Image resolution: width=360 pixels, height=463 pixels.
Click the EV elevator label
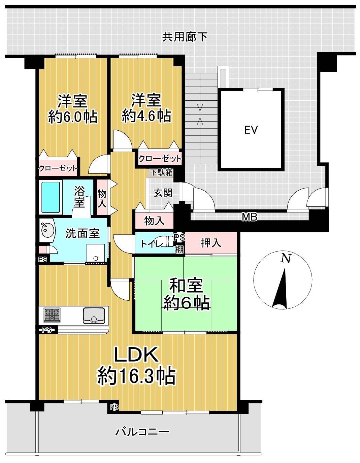tap(251, 130)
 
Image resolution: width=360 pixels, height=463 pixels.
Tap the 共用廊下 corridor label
tap(185, 37)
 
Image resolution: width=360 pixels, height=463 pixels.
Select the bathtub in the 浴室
tap(51, 197)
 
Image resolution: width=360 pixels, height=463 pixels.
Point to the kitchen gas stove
tap(52, 315)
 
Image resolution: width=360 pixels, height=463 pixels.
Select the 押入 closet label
tap(210, 243)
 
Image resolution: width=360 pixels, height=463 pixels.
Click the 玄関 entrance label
tap(163, 193)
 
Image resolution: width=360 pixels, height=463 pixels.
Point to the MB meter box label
tap(250, 217)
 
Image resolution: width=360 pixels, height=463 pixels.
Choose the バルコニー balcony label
tap(142, 431)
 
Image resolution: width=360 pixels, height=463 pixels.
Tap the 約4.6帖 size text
tap(146, 116)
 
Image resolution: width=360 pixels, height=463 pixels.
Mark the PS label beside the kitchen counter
tap(47, 330)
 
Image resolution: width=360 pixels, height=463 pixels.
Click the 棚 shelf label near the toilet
tap(179, 250)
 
